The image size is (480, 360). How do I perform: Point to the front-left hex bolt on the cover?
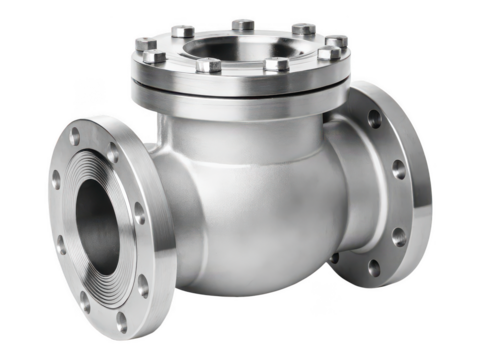pyautogui.click(x=209, y=66)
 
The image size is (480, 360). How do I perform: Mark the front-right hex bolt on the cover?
pyautogui.click(x=277, y=65)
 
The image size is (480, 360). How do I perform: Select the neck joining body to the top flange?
pyautogui.click(x=240, y=120)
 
